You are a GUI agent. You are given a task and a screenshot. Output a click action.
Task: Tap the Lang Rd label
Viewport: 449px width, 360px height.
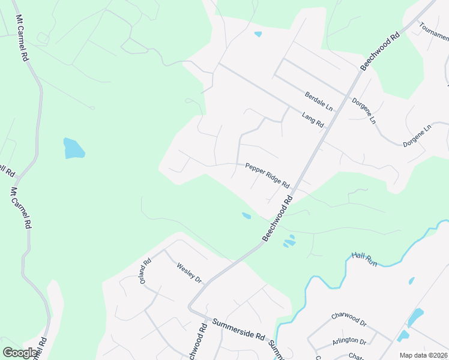313,120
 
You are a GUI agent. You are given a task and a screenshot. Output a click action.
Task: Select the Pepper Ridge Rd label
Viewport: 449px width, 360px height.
267,175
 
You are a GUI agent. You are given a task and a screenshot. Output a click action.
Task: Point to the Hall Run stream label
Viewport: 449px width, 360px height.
364,259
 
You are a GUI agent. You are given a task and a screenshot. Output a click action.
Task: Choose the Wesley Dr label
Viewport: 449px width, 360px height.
189,274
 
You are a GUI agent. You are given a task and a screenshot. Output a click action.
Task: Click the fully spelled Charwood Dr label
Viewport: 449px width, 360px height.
349,319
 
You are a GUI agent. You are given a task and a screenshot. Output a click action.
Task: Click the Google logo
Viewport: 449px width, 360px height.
21,352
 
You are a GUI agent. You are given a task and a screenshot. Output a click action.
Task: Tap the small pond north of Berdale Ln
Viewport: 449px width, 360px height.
258,34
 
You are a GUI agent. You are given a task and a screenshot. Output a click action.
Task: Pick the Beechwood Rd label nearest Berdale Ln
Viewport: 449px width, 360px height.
380,52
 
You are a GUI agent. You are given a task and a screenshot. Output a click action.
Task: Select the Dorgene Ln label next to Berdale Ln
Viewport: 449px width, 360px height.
364,111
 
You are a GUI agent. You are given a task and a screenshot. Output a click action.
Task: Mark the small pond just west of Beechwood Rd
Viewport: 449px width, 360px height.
246,216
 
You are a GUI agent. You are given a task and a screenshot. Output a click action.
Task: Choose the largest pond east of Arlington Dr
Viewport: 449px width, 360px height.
415,317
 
